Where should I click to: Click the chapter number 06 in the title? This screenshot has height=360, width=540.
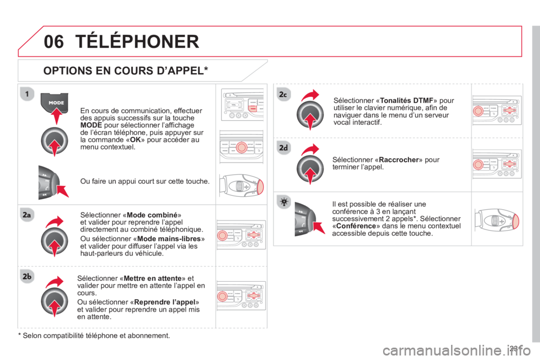(54, 42)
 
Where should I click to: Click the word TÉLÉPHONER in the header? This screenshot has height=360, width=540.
(137, 41)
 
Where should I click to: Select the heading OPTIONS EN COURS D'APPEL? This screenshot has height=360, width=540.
(125, 71)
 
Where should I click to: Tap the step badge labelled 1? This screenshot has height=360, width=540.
(27, 94)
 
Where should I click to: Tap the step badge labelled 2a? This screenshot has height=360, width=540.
(27, 215)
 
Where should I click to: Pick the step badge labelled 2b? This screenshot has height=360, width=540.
(27, 276)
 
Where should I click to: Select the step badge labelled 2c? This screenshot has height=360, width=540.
(283, 94)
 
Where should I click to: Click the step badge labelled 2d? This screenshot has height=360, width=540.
(283, 148)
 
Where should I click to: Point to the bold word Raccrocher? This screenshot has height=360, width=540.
(398, 160)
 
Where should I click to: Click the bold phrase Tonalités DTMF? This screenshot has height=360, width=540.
(406, 101)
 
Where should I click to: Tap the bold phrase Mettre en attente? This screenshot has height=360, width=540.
(152, 278)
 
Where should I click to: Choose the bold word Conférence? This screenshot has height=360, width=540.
(356, 226)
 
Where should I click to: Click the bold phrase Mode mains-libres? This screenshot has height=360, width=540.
(169, 238)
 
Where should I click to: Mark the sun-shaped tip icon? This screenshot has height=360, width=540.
(283, 202)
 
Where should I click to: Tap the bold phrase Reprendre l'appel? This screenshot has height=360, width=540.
(165, 302)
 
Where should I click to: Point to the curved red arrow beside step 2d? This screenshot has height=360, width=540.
(310, 150)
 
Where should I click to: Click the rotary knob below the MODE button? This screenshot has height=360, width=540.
(55, 141)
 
